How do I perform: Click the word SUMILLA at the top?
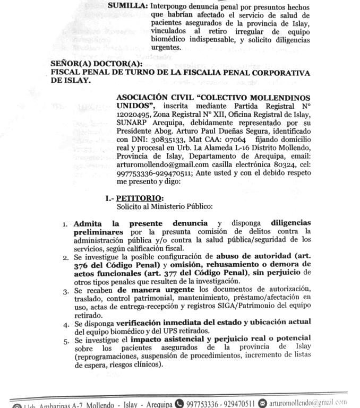127,6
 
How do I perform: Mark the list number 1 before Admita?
66,224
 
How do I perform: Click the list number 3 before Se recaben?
66,291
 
